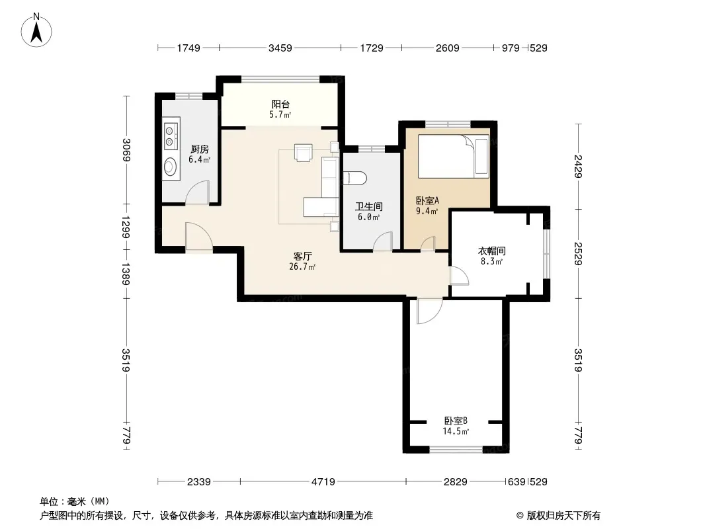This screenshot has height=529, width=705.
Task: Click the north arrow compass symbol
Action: pyautogui.click(x=36, y=30)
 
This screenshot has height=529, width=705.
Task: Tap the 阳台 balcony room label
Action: pyautogui.click(x=280, y=104)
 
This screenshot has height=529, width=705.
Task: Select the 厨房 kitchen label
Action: pyautogui.click(x=200, y=149)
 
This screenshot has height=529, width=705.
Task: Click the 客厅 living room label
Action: pyautogui.click(x=302, y=256)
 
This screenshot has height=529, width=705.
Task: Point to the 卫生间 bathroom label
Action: pyautogui.click(x=368, y=207)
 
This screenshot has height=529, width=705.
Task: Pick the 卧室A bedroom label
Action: pyautogui.click(x=427, y=200)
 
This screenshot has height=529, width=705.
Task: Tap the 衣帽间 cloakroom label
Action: pyautogui.click(x=491, y=251)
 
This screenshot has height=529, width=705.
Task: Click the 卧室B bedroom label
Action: pyautogui.click(x=456, y=421)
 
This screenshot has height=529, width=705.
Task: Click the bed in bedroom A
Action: pyautogui.click(x=453, y=156)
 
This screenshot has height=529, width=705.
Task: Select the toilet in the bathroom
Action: pyautogui.click(x=355, y=179)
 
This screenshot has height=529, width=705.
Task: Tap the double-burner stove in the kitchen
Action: pyautogui.click(x=171, y=137)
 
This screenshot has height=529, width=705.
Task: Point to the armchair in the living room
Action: pyautogui.click(x=303, y=152)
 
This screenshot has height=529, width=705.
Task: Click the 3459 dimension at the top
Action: pyautogui.click(x=280, y=48)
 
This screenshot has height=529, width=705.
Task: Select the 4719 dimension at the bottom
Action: pyautogui.click(x=323, y=482)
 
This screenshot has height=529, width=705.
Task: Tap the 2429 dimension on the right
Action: pyautogui.click(x=578, y=166)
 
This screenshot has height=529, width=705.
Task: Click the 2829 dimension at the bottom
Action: pyautogui.click(x=456, y=482)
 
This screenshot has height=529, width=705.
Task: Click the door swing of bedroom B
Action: pyautogui.click(x=429, y=311)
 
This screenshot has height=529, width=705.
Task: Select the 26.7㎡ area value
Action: pyautogui.click(x=302, y=266)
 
